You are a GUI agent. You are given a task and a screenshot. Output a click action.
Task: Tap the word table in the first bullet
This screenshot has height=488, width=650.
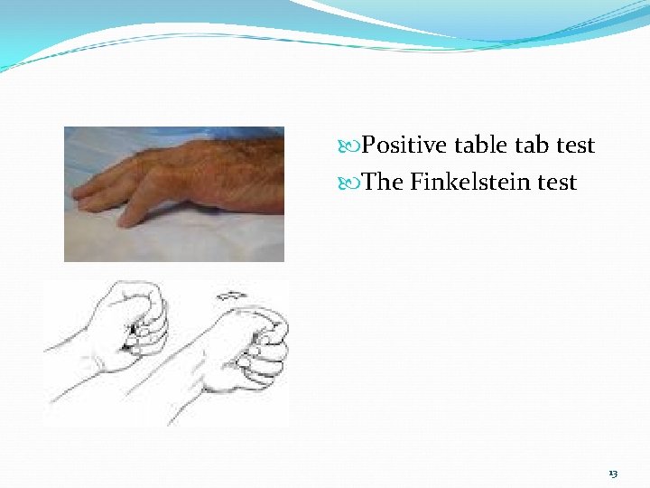(x=481, y=145)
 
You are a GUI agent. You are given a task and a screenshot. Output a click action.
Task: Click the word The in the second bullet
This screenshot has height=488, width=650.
(x=383, y=183)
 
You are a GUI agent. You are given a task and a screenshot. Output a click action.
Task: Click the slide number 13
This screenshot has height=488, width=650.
(x=613, y=474)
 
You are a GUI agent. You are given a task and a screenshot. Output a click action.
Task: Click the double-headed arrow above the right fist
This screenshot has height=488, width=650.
(x=234, y=296)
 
